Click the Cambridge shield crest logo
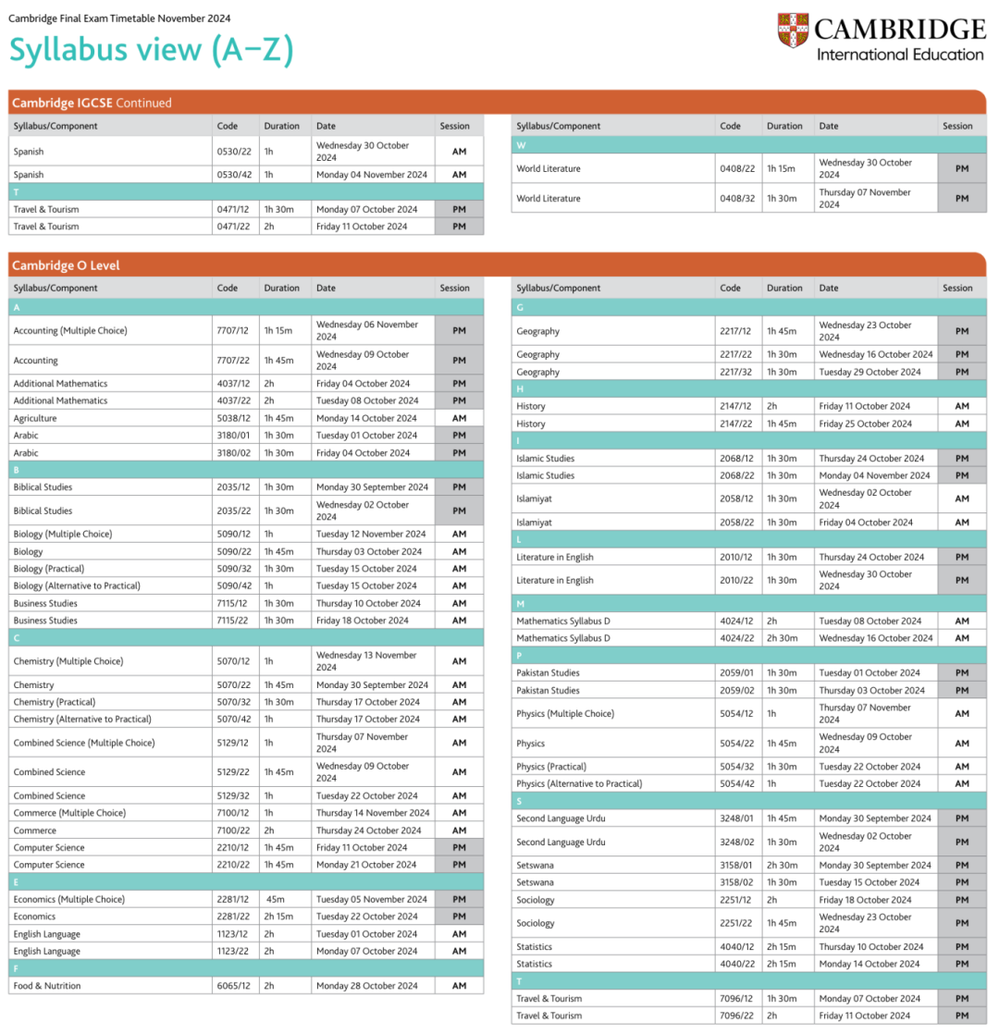[793, 31]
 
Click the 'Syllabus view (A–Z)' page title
[151, 51]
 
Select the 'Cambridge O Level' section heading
[66, 265]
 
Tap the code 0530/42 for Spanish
[234, 175]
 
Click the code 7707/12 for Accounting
[234, 330]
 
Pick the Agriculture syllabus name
[35, 418]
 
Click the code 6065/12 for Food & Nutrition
[234, 986]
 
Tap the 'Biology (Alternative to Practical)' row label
[77, 585]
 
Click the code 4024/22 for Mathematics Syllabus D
[737, 638]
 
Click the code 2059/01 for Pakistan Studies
[737, 672]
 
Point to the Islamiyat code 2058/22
[737, 523]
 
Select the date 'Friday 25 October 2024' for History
[864, 424]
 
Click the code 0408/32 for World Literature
[737, 198]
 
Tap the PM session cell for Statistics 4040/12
[961, 946]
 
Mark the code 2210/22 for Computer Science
[234, 865]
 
